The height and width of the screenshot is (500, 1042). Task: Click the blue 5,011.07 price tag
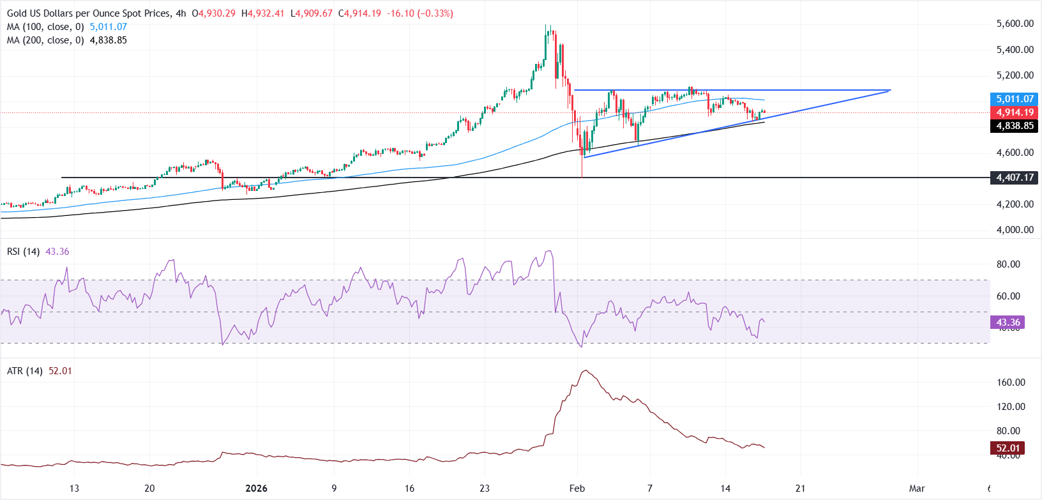pyautogui.click(x=1015, y=99)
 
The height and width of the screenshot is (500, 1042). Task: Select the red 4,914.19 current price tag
pyautogui.click(x=1015, y=112)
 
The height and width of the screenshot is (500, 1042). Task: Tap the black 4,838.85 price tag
pyautogui.click(x=1015, y=126)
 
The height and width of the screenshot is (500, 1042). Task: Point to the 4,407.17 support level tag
pyautogui.click(x=1015, y=178)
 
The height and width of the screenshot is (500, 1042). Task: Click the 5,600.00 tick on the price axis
pyautogui.click(x=1015, y=24)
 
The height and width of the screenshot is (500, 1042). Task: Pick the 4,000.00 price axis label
pyautogui.click(x=1015, y=230)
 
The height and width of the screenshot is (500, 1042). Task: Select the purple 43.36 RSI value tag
pyautogui.click(x=1008, y=322)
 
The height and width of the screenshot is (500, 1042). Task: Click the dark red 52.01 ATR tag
pyautogui.click(x=1008, y=448)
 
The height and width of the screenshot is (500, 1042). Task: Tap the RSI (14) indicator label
pyautogui.click(x=23, y=252)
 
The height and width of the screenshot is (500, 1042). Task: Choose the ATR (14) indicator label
pyautogui.click(x=24, y=371)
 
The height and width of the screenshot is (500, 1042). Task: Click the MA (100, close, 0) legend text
pyautogui.click(x=45, y=27)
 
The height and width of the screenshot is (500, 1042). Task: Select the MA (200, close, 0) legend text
pyautogui.click(x=45, y=40)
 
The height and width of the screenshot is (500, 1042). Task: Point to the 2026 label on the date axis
pyautogui.click(x=257, y=489)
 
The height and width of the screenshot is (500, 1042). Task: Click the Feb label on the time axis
pyautogui.click(x=577, y=489)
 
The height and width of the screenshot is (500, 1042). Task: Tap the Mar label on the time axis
pyautogui.click(x=917, y=489)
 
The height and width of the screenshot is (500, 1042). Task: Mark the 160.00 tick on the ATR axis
pyautogui.click(x=1011, y=383)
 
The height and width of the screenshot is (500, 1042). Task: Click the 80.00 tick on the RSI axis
pyautogui.click(x=1008, y=264)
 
